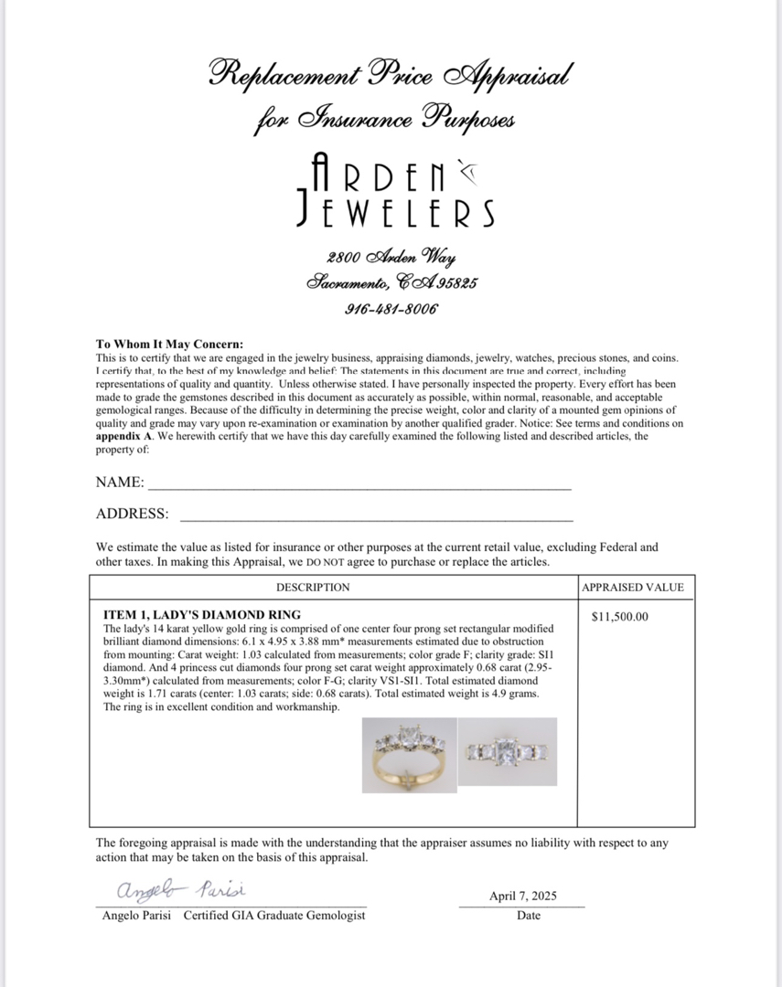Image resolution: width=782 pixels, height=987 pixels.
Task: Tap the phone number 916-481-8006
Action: pyautogui.click(x=391, y=308)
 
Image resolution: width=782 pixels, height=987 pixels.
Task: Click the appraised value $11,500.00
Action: pyautogui.click(x=620, y=616)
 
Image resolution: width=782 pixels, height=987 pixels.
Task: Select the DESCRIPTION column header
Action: pyautogui.click(x=313, y=588)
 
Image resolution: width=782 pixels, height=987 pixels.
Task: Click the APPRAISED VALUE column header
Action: pyautogui.click(x=632, y=588)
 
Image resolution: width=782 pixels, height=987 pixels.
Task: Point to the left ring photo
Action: pyautogui.click(x=407, y=755)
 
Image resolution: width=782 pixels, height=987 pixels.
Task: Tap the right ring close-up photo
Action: pyautogui.click(x=507, y=751)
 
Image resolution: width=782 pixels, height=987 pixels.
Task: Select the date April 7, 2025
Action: pyautogui.click(x=522, y=896)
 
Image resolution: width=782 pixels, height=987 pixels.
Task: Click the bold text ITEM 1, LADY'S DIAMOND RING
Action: pyautogui.click(x=202, y=614)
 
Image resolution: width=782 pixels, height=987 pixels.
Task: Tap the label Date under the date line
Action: pyautogui.click(x=528, y=915)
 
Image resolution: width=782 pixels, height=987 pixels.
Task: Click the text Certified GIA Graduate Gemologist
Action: pyautogui.click(x=274, y=915)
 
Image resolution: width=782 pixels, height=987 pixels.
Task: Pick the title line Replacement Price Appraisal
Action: pyautogui.click(x=391, y=73)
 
